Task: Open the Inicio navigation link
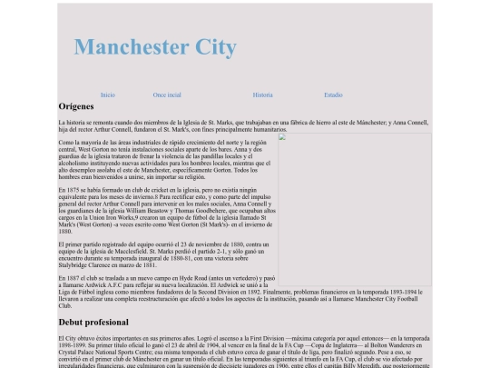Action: (x=108, y=94)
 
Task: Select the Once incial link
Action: (x=167, y=94)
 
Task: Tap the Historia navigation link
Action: (x=262, y=94)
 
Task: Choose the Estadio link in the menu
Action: (x=333, y=94)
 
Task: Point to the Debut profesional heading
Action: (x=93, y=323)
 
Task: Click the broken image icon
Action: (x=282, y=138)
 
